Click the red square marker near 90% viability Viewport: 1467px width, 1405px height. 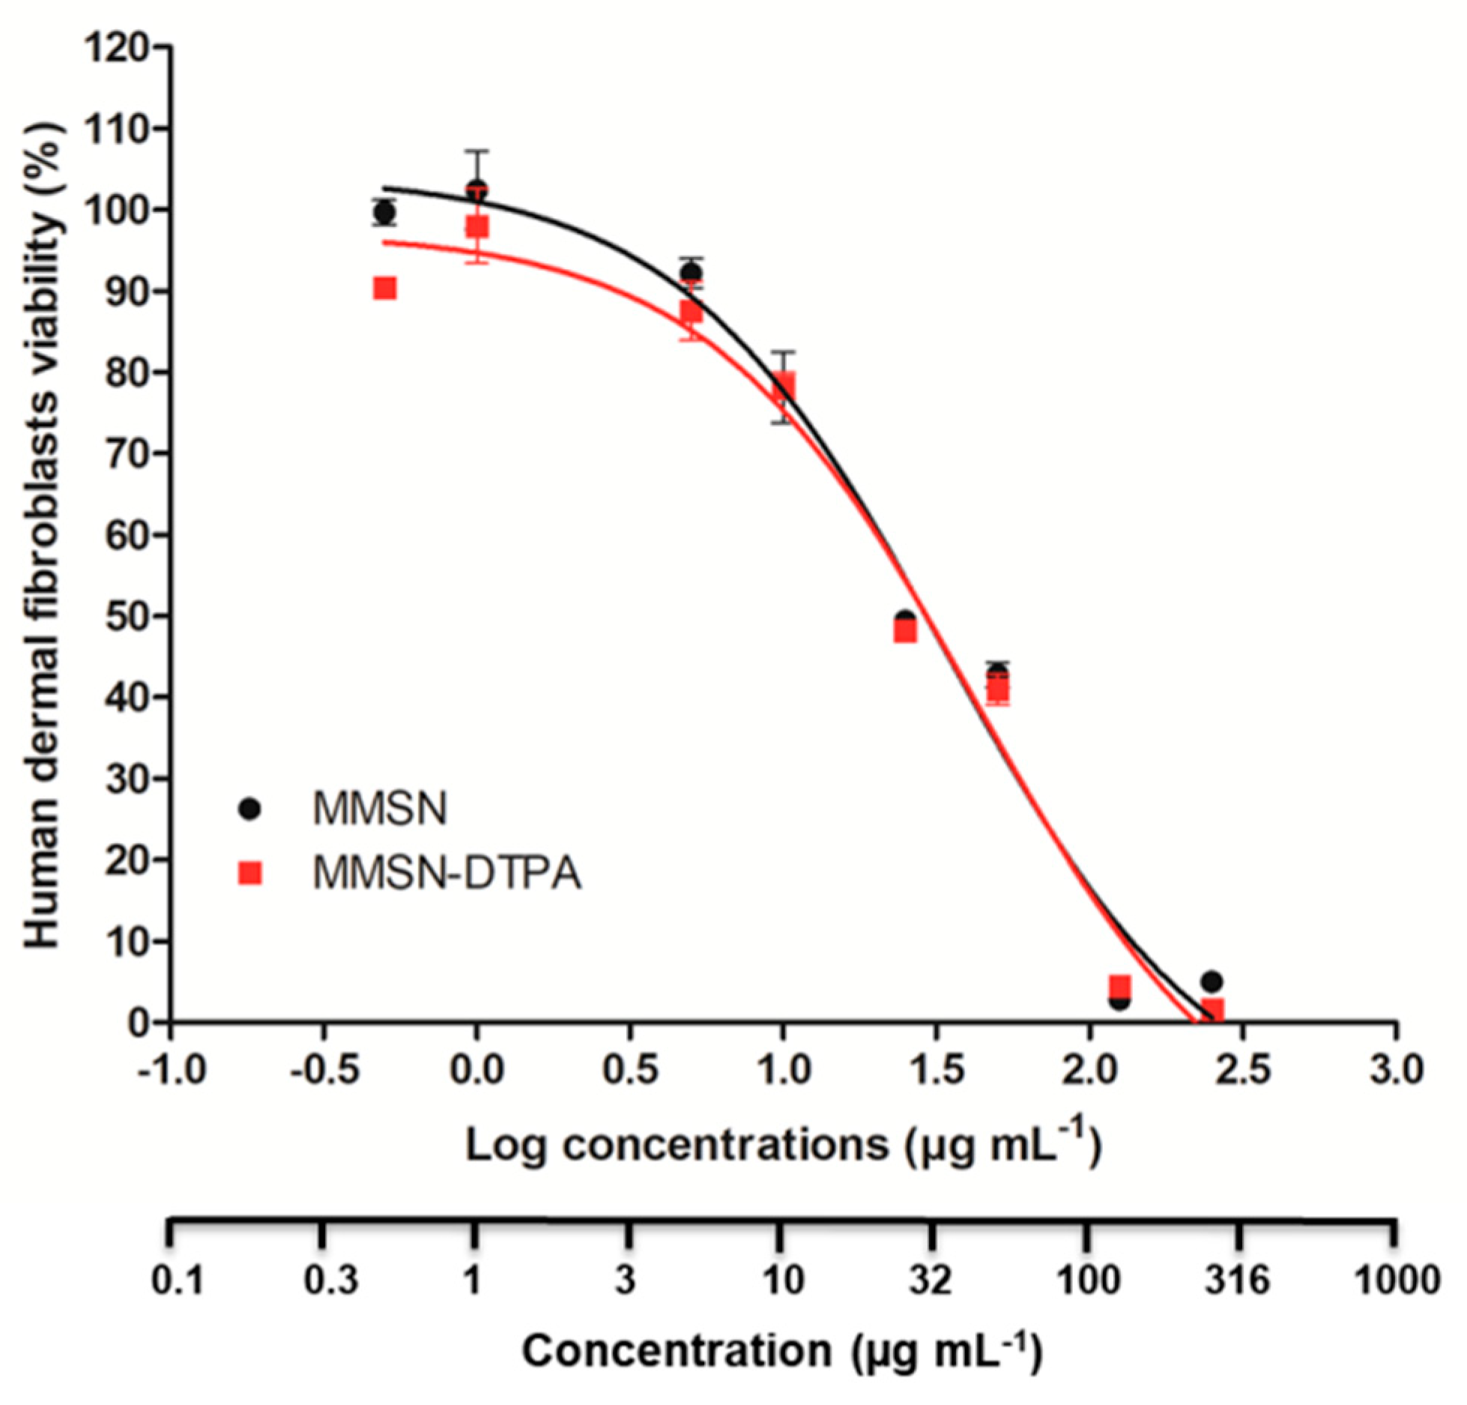coord(384,288)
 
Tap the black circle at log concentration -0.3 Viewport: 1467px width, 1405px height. coord(384,213)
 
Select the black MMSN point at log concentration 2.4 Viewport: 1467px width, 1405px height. coord(1212,982)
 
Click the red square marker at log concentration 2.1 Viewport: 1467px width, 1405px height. coord(1119,987)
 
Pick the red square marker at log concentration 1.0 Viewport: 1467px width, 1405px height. coord(784,386)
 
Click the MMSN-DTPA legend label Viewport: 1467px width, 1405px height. coord(447,873)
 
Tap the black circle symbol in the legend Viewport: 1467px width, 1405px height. coord(249,809)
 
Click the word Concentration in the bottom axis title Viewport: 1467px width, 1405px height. coord(677,1352)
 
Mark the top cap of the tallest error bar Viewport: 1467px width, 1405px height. coord(477,151)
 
